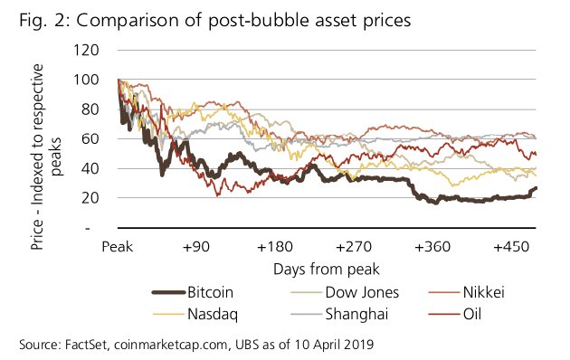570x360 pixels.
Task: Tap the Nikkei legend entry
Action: coord(470,292)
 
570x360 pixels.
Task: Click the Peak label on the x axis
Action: coord(118,246)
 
